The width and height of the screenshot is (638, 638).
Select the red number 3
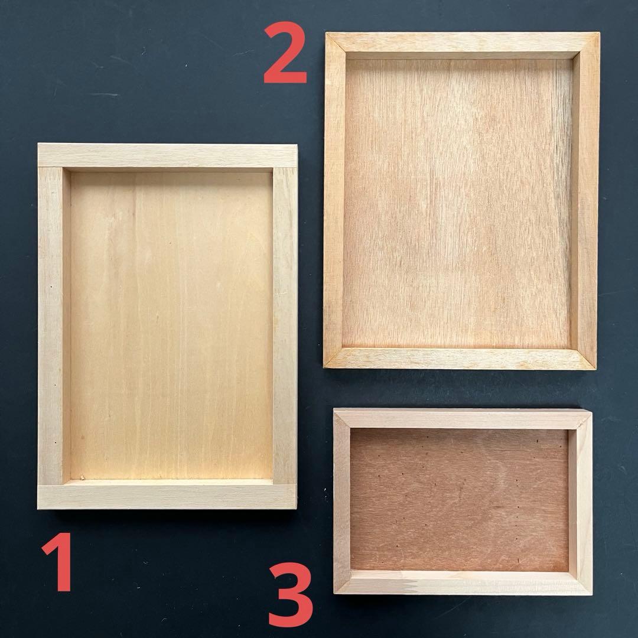pos(291,594)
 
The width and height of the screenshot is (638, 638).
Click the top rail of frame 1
pos(167,155)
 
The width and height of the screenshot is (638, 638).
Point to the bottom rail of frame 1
pos(167,497)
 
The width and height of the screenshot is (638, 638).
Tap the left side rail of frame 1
pos(50,325)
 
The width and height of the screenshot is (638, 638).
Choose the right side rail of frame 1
pos(285,325)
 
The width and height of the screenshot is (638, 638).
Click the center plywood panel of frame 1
pos(171,325)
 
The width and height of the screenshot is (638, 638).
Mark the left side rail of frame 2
pos(334,200)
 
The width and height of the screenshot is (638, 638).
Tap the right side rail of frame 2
pos(585,201)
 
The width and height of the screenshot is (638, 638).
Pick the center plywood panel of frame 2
pos(457,203)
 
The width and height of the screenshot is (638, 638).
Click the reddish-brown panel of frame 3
pos(459,500)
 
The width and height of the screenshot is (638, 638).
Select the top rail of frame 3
pos(463,419)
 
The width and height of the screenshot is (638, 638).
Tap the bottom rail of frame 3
pos(463,582)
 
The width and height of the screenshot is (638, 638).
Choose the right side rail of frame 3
pos(581,502)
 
